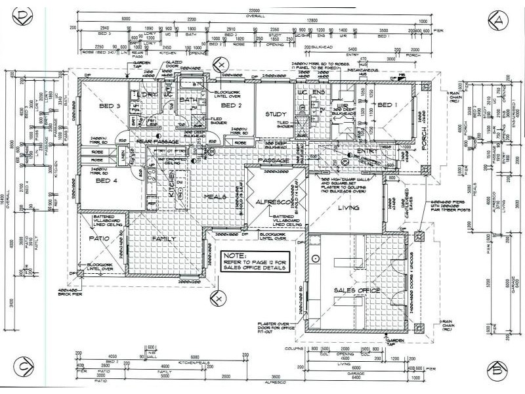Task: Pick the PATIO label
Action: click(x=100, y=238)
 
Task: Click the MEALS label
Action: click(x=215, y=197)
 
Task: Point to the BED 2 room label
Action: click(x=232, y=106)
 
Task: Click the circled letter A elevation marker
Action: click(x=499, y=20)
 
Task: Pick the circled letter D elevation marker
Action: click(x=24, y=15)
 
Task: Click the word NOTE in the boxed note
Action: click(x=232, y=254)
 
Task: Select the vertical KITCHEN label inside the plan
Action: click(x=172, y=187)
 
